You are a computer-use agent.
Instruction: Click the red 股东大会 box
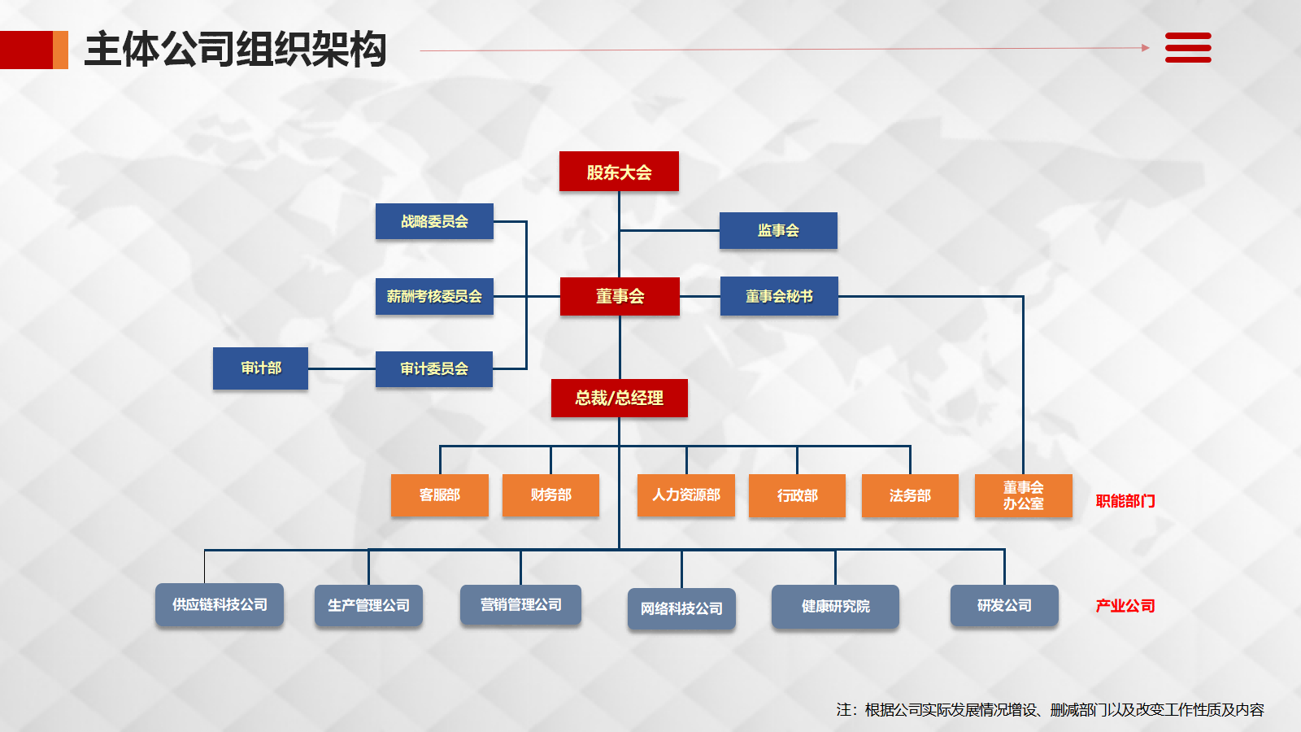[x=619, y=172]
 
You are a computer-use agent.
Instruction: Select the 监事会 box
[x=778, y=230]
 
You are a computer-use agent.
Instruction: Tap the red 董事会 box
[x=620, y=296]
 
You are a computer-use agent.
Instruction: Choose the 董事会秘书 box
[x=779, y=296]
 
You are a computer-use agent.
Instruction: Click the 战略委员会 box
[x=434, y=221]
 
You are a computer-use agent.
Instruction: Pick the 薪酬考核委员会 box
[x=434, y=296]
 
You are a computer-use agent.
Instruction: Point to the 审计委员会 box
[x=434, y=368]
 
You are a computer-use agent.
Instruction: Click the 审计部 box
[x=260, y=368]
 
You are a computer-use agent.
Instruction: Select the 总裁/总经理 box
[x=619, y=398]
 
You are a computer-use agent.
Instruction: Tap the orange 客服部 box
[x=439, y=495]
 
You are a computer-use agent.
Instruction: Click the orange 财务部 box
[x=550, y=495]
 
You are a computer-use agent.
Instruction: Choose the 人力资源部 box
[x=685, y=495]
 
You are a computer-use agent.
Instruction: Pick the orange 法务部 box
[x=910, y=495]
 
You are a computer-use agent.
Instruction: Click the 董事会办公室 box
[x=1023, y=495]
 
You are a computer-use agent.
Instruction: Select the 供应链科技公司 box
[x=220, y=604]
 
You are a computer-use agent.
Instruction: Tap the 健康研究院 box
[x=835, y=606]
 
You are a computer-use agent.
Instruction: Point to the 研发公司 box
[x=1004, y=605]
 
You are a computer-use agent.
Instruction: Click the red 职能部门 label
[x=1125, y=501]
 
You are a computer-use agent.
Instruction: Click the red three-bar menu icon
[x=1188, y=48]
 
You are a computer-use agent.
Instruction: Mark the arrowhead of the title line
[x=1146, y=48]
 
